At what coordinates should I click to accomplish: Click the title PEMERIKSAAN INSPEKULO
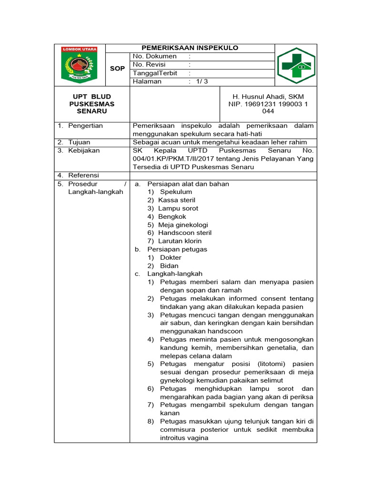pyautogui.click(x=190, y=48)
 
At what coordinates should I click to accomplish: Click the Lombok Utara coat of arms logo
pyautogui.click(x=79, y=65)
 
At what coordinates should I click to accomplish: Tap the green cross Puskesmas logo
pyautogui.click(x=296, y=65)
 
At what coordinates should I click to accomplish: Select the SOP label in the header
pyautogui.click(x=117, y=69)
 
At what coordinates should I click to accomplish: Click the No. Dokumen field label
pyautogui.click(x=154, y=56)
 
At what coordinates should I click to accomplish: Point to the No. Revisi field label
pyautogui.click(x=151, y=64)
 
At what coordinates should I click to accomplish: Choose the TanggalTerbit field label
pyautogui.click(x=155, y=73)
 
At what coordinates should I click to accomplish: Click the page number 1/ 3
pyautogui.click(x=201, y=81)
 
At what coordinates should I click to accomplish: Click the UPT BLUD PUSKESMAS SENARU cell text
pyautogui.click(x=92, y=103)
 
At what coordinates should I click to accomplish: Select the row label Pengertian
pyautogui.click(x=85, y=126)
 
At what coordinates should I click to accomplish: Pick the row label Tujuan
pyautogui.click(x=79, y=142)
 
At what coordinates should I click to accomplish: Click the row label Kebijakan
pyautogui.click(x=84, y=151)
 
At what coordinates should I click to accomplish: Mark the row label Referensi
pyautogui.click(x=83, y=175)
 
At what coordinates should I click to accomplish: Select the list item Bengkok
pyautogui.click(x=172, y=216)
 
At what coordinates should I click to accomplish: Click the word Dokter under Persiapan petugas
pyautogui.click(x=171, y=258)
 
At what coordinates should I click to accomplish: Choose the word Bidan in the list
pyautogui.click(x=169, y=266)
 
